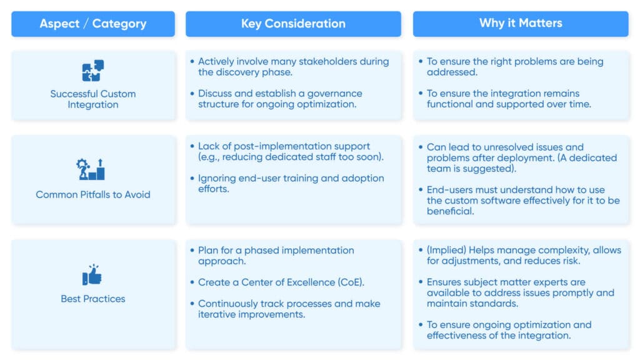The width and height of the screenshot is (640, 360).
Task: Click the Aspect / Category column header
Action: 93,24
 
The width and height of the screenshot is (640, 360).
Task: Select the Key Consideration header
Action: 293,24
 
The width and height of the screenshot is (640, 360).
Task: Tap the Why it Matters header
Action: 521,23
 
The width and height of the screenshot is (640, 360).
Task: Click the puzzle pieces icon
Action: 93,71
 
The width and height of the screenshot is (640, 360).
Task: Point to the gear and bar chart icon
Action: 92,169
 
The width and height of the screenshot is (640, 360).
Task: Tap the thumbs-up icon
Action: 92,274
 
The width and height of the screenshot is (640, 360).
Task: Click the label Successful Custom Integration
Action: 93,99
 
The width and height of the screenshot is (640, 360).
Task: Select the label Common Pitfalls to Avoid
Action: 93,194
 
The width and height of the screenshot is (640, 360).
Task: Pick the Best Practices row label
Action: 93,299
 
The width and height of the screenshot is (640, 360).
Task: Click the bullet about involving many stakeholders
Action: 293,67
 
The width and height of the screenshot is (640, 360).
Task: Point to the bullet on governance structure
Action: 280,99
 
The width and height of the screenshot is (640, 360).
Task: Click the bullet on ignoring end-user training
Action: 291,184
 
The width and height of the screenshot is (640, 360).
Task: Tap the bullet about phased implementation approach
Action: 276,256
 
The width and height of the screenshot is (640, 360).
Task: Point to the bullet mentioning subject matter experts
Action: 520,292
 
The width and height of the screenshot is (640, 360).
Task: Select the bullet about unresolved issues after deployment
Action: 521,157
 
